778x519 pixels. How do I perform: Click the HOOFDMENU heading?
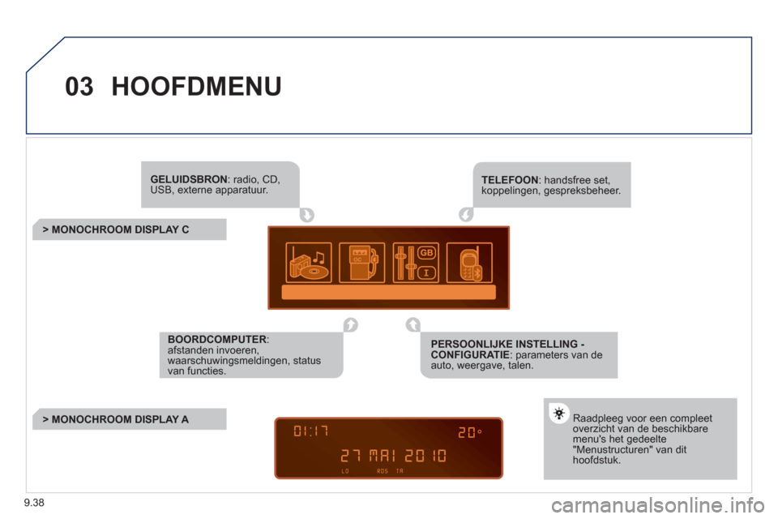click(x=196, y=87)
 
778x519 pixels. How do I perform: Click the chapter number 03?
click(x=79, y=87)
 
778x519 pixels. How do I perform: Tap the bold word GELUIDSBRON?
click(x=189, y=179)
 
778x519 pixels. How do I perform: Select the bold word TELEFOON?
click(x=510, y=180)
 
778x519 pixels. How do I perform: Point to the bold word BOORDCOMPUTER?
click(x=217, y=339)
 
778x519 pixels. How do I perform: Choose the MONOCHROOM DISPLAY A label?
click(x=116, y=419)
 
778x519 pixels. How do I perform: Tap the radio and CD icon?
click(x=309, y=263)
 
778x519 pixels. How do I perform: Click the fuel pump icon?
click(x=361, y=263)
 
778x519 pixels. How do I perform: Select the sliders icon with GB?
click(x=416, y=263)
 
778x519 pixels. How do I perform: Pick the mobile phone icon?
click(x=469, y=263)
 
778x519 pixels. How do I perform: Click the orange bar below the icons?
click(x=388, y=292)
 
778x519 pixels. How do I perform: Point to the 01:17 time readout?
click(x=311, y=431)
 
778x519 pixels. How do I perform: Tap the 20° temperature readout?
click(x=469, y=432)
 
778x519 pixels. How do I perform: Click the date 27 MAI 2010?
click(x=394, y=456)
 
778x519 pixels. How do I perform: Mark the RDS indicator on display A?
click(x=383, y=471)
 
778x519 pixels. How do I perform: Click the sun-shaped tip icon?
click(x=559, y=414)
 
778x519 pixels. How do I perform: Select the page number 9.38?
click(x=34, y=503)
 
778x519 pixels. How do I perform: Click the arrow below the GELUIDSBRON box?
click(x=307, y=215)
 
